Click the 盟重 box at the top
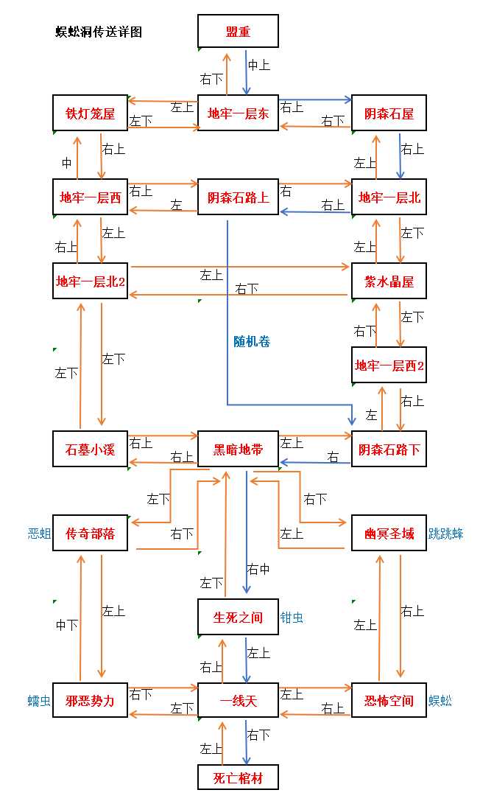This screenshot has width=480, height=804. point(238,32)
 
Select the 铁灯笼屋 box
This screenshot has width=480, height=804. point(91,113)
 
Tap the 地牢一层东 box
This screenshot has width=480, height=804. point(238,113)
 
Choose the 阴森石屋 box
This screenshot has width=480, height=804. point(389,113)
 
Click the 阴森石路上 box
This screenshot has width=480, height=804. point(238,197)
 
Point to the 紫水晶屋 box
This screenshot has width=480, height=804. point(389,281)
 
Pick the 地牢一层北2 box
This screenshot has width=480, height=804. point(91,281)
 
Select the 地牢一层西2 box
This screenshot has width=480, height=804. point(389,366)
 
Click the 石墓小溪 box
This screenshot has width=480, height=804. point(91,450)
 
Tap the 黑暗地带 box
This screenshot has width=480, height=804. point(238,450)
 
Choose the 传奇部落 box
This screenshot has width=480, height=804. point(91,533)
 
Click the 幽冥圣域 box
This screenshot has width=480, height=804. point(389,533)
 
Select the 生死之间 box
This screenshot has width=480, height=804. point(238,617)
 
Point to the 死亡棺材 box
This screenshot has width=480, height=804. point(238,777)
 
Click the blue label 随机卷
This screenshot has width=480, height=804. point(252,341)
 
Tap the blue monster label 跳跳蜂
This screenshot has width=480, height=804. point(446,534)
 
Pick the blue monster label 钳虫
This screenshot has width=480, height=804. point(292,618)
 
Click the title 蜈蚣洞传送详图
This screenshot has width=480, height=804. point(99,32)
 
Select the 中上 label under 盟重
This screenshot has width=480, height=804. point(258,65)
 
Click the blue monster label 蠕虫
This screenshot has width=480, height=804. point(39,701)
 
